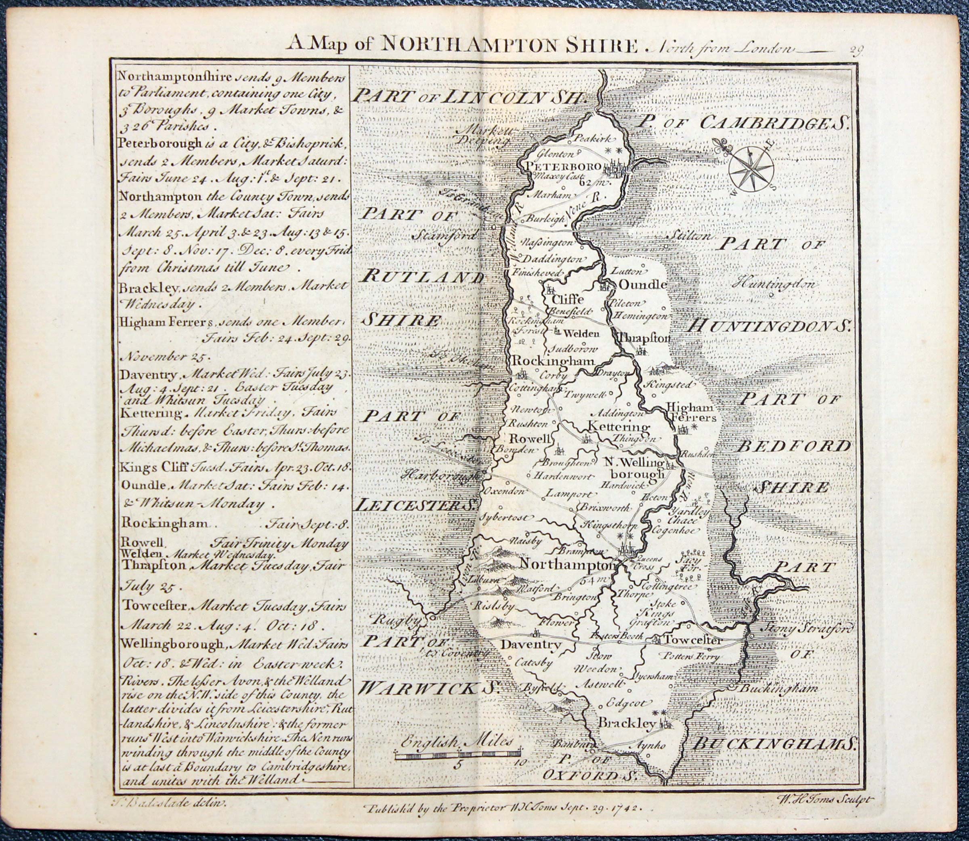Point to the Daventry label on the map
(x=531, y=645)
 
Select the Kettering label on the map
(x=619, y=427)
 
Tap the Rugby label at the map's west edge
(x=395, y=620)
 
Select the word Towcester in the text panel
(x=155, y=606)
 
